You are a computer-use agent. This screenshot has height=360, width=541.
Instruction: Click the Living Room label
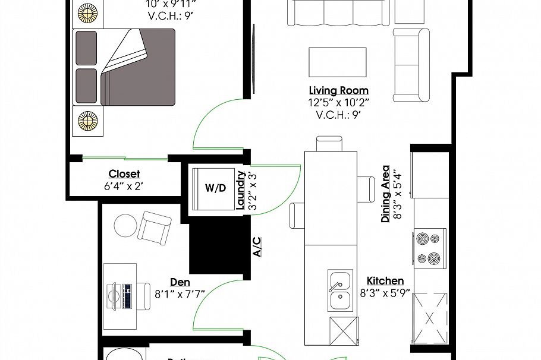coord(338,91)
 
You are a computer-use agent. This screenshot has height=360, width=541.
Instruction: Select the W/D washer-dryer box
coord(215,188)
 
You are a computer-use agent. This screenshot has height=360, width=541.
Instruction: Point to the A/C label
coord(257,246)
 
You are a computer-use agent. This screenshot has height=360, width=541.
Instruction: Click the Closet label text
coord(124,174)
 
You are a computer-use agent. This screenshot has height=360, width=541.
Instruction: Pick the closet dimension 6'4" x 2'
coord(124,186)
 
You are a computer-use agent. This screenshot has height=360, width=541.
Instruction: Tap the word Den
coord(180,282)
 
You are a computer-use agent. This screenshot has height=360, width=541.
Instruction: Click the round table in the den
coord(125,225)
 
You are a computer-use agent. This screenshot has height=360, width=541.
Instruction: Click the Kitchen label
coord(385,281)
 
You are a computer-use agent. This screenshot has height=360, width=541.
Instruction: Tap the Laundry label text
coord(241,190)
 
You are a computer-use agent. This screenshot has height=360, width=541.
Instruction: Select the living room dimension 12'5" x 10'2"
coord(338,102)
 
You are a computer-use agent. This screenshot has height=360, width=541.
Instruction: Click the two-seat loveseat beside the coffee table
coord(411,65)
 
